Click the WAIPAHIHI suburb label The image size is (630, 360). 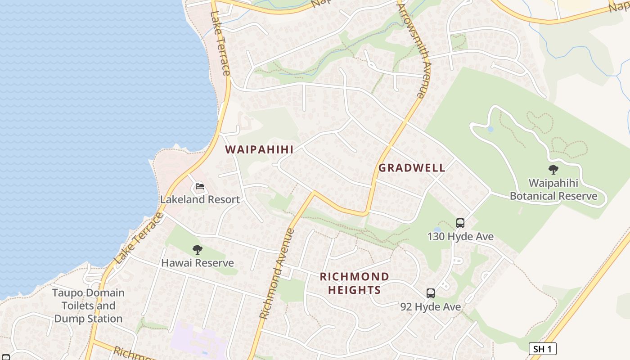(x=259, y=150)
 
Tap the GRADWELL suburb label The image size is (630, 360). (x=412, y=168)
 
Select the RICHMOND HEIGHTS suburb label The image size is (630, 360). (x=355, y=283)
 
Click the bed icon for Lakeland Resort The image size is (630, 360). (x=200, y=186)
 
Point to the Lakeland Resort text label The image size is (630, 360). (x=200, y=199)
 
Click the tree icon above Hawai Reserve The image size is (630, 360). (x=197, y=250)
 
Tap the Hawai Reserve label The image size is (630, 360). (x=198, y=263)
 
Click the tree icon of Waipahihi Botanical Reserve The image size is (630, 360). (x=553, y=170)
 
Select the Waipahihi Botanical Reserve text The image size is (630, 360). (x=553, y=189)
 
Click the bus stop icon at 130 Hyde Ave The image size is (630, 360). (x=460, y=223)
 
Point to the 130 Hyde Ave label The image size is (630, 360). (x=460, y=236)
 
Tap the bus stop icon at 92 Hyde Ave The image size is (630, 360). (x=431, y=293)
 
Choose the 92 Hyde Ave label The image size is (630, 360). (x=431, y=306)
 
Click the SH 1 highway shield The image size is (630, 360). (x=542, y=349)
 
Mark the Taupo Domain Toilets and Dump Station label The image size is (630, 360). (x=88, y=306)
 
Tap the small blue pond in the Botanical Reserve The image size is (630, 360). (x=490, y=129)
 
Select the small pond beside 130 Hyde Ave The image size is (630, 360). (x=436, y=230)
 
